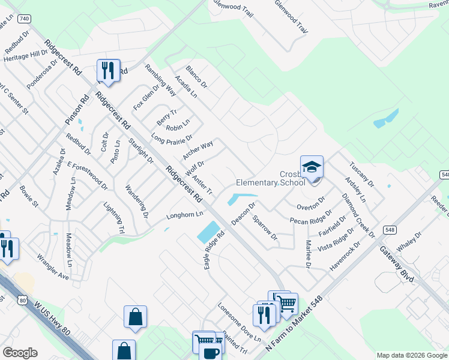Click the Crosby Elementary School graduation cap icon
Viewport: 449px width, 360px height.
312,167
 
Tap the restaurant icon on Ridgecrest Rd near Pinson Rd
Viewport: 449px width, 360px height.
108,71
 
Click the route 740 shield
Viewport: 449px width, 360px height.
23,19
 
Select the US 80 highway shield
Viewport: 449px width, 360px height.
23,298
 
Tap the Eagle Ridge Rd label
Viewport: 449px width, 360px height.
214,249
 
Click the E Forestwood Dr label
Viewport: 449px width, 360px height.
88,176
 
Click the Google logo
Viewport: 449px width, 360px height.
20,353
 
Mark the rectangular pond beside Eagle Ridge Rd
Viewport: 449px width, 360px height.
208,232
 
